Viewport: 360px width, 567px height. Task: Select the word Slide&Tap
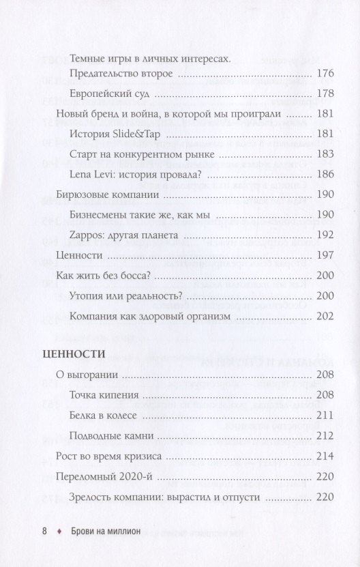(x=134, y=134)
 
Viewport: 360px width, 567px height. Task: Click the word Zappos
(x=87, y=235)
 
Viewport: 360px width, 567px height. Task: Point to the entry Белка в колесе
(x=104, y=415)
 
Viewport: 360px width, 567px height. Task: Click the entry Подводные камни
(x=110, y=436)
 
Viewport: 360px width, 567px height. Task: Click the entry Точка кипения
(x=105, y=395)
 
